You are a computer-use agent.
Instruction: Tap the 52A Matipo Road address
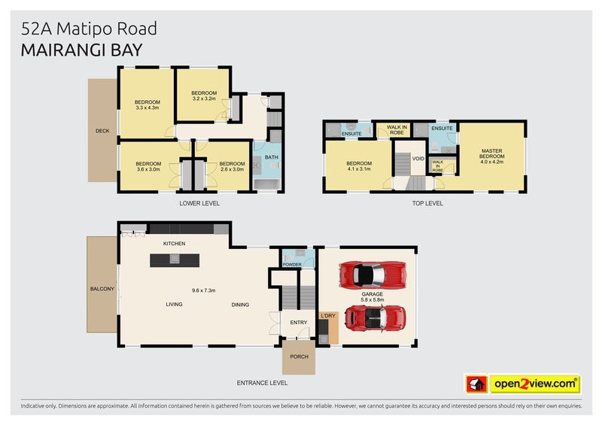coord(90,29)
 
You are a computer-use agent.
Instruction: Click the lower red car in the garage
coord(374,319)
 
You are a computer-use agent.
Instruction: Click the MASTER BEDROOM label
coord(491,154)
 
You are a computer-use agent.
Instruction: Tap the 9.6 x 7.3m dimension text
coord(203,290)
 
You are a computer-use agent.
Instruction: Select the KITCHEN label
coord(174,244)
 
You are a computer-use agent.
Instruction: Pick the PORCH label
coord(298,357)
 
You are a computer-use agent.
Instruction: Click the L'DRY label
coord(328,316)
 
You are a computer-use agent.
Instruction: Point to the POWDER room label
coord(291,264)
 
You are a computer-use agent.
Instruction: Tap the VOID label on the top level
coord(419,159)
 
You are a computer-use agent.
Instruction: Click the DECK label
coord(102,131)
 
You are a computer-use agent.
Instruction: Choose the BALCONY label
coord(102,288)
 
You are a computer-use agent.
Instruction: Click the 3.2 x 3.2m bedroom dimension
coord(204,99)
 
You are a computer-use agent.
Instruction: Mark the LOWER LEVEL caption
coord(199,203)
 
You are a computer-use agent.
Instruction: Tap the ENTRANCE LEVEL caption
coord(262,383)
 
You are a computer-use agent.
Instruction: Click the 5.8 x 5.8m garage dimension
coord(372,299)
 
